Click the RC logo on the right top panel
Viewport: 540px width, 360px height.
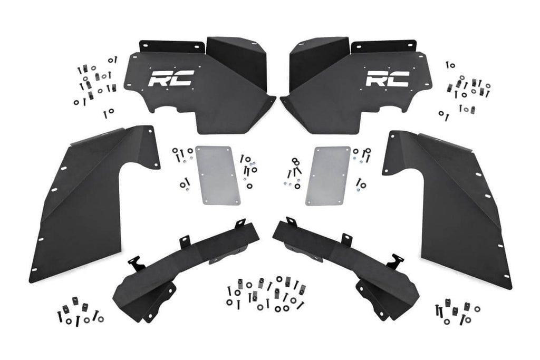(388, 78)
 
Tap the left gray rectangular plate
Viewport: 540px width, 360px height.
(217, 176)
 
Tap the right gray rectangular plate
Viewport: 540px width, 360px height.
(328, 176)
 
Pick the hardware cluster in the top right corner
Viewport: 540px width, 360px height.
(464, 87)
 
